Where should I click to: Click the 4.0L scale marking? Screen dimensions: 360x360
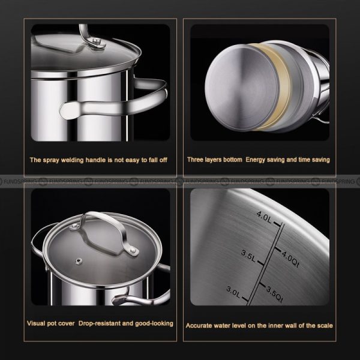point(264,217)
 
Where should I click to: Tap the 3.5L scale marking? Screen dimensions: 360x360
point(248,256)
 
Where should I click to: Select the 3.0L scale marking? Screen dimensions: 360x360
point(233,292)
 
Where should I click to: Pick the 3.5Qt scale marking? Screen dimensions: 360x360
point(275,295)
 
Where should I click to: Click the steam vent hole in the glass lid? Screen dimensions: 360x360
point(79,261)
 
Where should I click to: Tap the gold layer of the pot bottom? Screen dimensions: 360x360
point(273,87)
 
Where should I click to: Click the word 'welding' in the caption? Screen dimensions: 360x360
point(72,160)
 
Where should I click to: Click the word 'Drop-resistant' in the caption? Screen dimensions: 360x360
point(99,323)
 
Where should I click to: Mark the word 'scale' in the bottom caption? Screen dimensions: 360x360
point(325,326)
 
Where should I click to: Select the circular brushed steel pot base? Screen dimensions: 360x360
point(242,88)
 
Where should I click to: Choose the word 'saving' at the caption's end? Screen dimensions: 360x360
point(321,160)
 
